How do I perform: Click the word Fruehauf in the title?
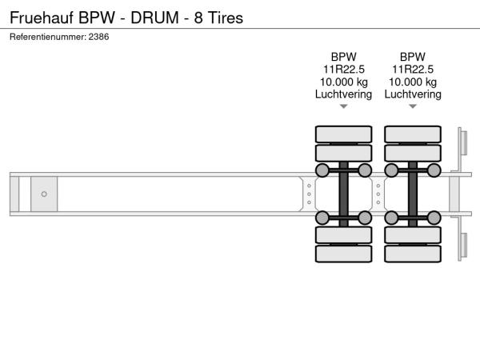click(42, 18)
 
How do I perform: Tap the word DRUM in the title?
click(155, 18)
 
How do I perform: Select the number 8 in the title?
click(198, 18)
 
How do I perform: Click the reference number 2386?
click(98, 37)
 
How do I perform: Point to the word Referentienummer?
click(47, 37)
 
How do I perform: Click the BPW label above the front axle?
click(344, 57)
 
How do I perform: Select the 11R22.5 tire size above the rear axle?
click(413, 70)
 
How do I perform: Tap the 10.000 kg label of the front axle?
click(344, 82)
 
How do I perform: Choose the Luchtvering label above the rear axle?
click(413, 94)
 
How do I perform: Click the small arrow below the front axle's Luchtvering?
click(344, 106)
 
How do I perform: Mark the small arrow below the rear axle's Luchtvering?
click(413, 106)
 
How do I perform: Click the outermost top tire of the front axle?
click(344, 134)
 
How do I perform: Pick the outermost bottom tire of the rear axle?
click(413, 254)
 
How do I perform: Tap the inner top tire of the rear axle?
click(413, 153)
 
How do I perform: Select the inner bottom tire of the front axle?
click(344, 235)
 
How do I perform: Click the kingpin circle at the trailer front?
click(44, 194)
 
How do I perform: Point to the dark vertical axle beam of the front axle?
click(344, 194)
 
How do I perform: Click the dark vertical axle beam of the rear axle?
click(413, 194)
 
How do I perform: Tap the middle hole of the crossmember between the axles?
click(378, 194)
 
